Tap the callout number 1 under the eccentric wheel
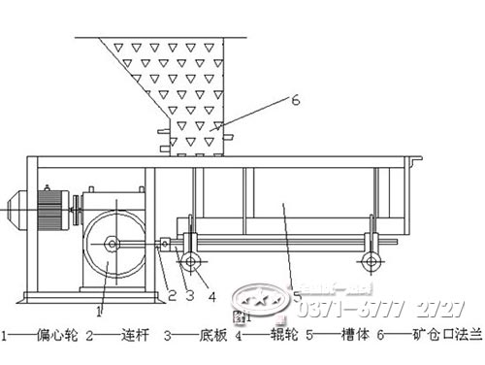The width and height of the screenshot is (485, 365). coord(99,313)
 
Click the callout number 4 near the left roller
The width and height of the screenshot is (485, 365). coord(212,295)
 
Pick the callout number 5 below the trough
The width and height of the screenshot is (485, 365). coord(297,292)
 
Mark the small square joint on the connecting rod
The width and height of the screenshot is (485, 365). coord(166,245)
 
